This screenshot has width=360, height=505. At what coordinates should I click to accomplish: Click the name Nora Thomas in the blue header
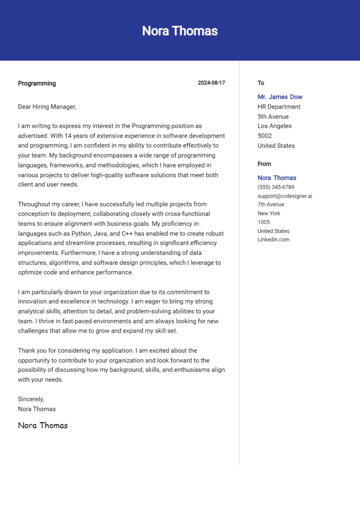pyautogui.click(x=180, y=31)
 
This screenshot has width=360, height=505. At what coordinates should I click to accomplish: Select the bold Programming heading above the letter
pyautogui.click(x=37, y=83)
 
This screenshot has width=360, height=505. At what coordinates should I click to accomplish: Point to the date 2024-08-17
pyautogui.click(x=211, y=83)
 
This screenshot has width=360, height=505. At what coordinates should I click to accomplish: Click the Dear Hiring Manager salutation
pyautogui.click(x=47, y=107)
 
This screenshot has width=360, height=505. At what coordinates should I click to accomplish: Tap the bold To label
pyautogui.click(x=261, y=83)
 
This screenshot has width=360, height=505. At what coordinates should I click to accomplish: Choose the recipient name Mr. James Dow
pyautogui.click(x=280, y=97)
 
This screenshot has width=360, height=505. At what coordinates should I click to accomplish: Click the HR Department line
pyautogui.click(x=279, y=107)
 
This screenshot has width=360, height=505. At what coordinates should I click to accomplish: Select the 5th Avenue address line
pyautogui.click(x=273, y=117)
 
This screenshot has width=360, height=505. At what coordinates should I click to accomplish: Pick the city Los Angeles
pyautogui.click(x=274, y=126)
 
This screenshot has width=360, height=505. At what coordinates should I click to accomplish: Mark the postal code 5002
pyautogui.click(x=264, y=136)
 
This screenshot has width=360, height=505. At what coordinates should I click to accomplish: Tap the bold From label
pyautogui.click(x=264, y=164)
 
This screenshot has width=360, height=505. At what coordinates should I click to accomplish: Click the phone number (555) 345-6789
pyautogui.click(x=276, y=187)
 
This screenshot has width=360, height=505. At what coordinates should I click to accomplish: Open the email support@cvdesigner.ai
pyautogui.click(x=285, y=196)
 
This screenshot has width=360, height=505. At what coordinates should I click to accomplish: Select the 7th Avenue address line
pyautogui.click(x=270, y=204)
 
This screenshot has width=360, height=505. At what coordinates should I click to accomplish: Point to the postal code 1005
pyautogui.click(x=263, y=222)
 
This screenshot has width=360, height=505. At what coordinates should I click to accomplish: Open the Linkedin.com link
pyautogui.click(x=273, y=239)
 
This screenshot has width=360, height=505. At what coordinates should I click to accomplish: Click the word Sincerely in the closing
pyautogui.click(x=31, y=399)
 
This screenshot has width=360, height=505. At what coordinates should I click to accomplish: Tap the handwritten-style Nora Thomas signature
pyautogui.click(x=43, y=425)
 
